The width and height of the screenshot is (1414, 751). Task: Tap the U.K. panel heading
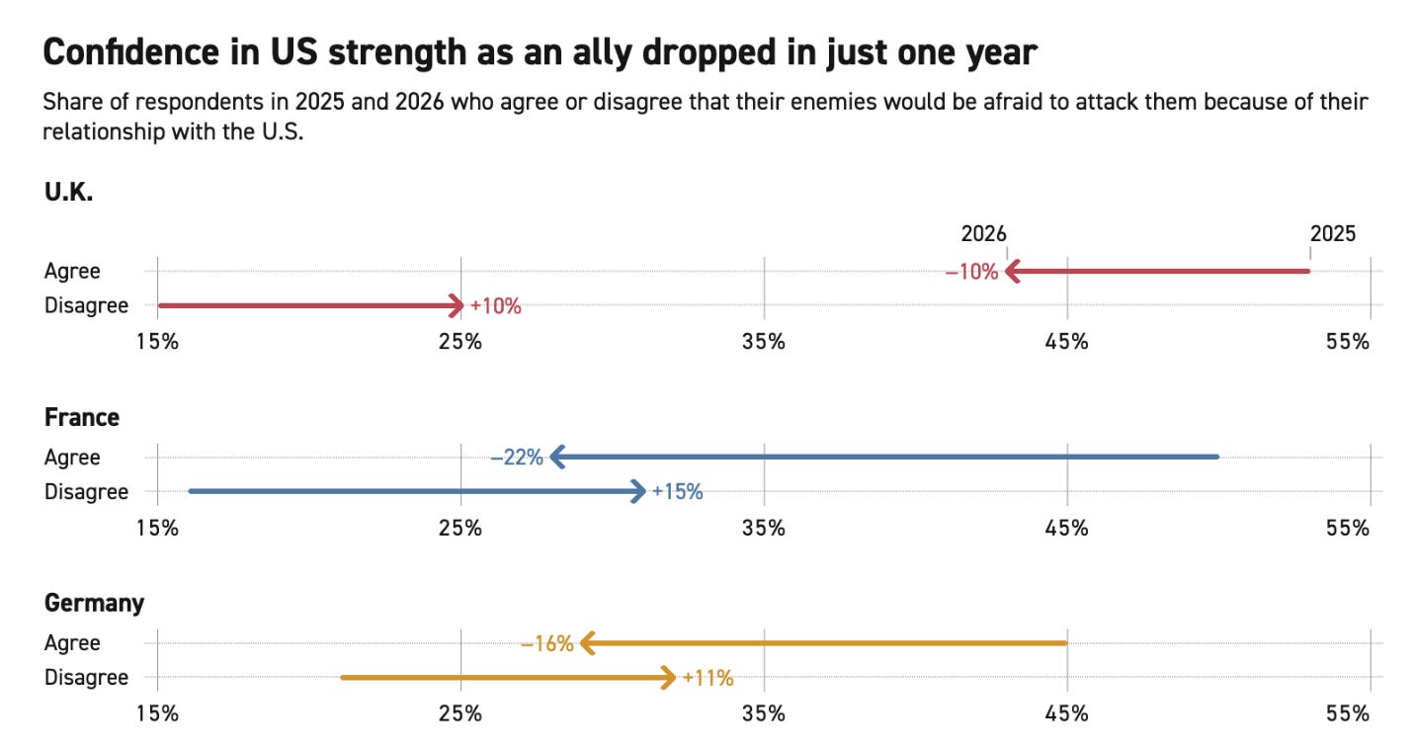68,193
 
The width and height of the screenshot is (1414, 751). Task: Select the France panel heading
82,418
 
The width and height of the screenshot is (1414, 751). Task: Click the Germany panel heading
94,603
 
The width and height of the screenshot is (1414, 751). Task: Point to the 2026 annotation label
983,234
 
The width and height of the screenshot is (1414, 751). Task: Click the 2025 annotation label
1333,234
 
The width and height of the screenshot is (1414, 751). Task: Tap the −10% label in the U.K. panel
971,272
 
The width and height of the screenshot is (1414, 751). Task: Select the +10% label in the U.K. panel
495,306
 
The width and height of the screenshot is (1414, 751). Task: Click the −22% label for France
517,458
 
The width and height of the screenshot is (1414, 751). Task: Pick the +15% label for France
677,491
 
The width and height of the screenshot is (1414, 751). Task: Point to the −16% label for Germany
546,644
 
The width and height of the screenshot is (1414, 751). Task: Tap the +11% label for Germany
707,678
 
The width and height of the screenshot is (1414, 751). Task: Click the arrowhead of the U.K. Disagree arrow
457,306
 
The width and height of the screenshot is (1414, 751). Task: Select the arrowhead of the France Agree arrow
557,458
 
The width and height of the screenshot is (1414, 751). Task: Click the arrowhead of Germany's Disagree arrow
668,678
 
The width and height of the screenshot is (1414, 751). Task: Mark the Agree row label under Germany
72,643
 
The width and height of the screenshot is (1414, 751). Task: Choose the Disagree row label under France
86,491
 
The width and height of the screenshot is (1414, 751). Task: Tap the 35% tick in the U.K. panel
764,342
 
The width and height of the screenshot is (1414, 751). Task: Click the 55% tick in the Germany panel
1349,713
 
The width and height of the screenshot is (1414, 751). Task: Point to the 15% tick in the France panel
157,528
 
